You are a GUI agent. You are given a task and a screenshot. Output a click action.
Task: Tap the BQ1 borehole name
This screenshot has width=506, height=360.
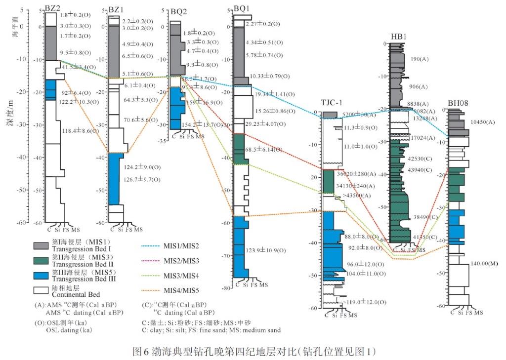[242, 8]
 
